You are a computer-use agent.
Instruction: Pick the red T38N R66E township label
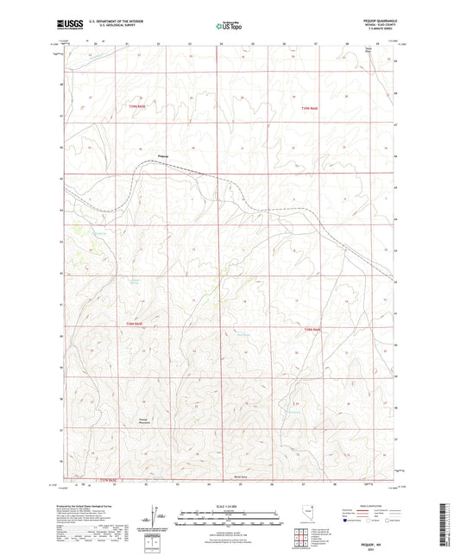312,328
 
